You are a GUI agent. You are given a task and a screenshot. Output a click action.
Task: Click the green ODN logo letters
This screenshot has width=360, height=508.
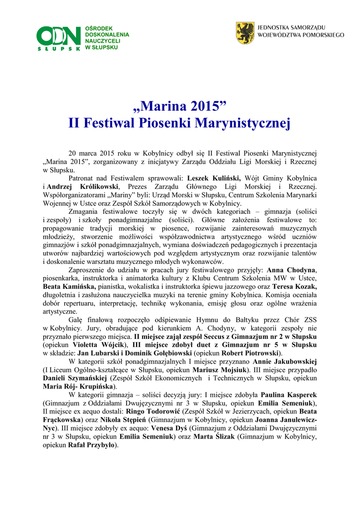[59, 36]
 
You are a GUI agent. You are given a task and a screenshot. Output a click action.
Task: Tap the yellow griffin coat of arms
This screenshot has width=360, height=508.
[245, 32]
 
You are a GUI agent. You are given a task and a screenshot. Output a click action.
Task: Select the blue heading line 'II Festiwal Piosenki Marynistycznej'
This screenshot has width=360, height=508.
[180, 122]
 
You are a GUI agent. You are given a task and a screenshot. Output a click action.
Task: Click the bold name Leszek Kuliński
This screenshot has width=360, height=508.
[214, 178]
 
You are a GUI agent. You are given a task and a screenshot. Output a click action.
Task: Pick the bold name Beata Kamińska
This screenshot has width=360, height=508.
[69, 286]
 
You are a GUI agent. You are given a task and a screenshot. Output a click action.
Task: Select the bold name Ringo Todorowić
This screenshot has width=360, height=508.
[153, 412]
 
